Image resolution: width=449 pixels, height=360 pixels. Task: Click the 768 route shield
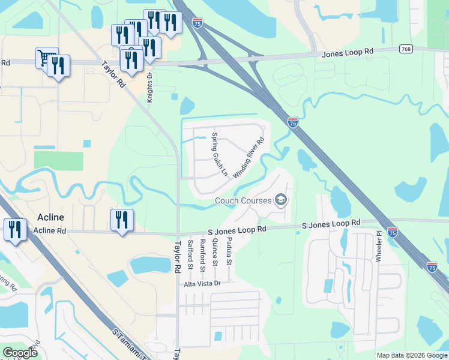(x=405, y=48)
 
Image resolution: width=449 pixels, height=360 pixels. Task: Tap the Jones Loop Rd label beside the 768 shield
(x=348, y=53)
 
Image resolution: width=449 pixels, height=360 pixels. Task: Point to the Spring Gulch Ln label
(x=220, y=154)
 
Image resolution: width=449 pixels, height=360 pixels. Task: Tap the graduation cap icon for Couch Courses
(x=280, y=200)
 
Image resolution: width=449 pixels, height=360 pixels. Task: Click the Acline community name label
(x=50, y=217)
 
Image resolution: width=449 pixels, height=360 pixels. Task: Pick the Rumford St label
(x=203, y=253)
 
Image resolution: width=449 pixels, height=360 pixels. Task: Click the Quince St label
(x=215, y=251)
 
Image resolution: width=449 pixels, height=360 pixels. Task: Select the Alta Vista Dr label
(x=202, y=283)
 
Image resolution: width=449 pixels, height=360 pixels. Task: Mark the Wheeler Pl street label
(x=379, y=246)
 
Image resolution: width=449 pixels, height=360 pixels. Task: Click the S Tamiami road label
(x=130, y=343)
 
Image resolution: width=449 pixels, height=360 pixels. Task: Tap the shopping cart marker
(x=46, y=58)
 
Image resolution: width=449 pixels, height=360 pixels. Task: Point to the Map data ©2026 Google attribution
(x=411, y=355)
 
